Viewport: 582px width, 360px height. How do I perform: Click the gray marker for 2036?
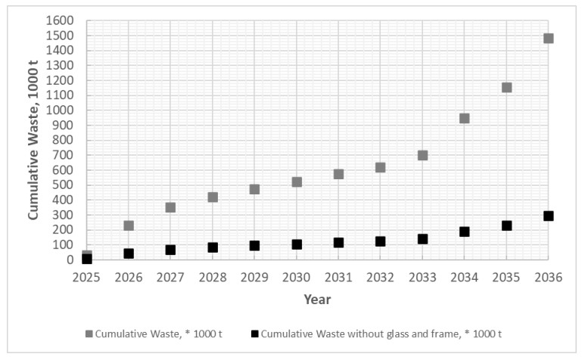coord(548,39)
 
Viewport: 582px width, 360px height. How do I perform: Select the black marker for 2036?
coord(548,216)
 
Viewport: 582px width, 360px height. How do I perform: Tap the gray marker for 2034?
coord(464,119)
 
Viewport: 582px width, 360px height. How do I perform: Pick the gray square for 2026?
coord(129,225)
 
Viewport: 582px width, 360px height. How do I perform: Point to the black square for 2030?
coord(297,244)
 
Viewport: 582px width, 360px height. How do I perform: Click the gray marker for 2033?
coord(422,155)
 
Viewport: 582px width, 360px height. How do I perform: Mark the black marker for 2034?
coord(464,231)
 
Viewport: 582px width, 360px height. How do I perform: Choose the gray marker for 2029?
coord(254,189)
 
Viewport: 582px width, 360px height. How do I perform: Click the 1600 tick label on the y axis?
coord(63,20)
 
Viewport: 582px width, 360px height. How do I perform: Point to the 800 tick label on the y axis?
coord(66,140)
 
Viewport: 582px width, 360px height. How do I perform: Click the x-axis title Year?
coord(317,299)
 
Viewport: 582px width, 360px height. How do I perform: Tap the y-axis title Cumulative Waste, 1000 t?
coord(34,140)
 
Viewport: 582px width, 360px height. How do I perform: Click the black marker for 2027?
coord(170,250)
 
